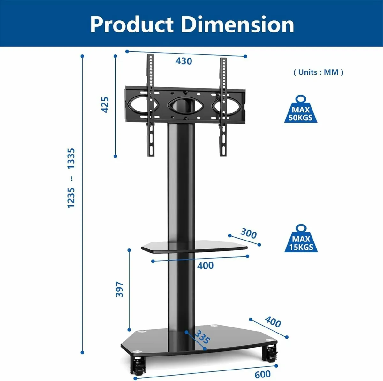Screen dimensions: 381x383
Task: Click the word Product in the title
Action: click(x=132, y=25)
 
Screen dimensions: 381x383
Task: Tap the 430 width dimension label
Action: click(x=184, y=61)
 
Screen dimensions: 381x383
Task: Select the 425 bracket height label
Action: click(x=105, y=104)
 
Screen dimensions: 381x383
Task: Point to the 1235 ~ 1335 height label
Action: click(x=71, y=178)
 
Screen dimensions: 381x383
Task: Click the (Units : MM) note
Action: click(x=318, y=72)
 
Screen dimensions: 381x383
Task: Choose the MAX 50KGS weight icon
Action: click(x=301, y=110)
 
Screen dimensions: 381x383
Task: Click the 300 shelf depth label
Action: click(x=248, y=234)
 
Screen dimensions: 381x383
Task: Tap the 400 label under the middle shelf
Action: click(x=205, y=265)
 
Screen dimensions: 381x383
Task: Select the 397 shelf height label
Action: click(x=119, y=289)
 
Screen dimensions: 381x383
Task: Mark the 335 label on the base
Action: click(x=202, y=337)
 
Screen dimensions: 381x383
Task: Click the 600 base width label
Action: click(x=263, y=374)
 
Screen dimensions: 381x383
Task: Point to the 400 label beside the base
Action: click(x=273, y=322)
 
